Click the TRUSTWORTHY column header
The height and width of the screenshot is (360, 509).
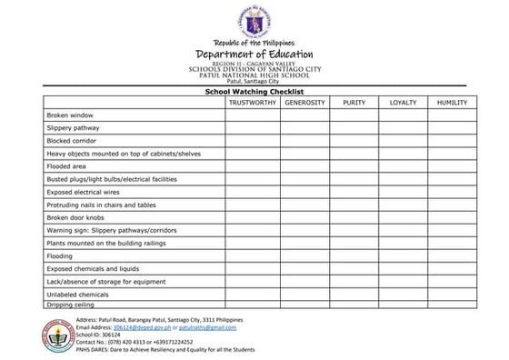pos(252,103)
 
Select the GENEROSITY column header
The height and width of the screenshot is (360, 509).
pos(304,103)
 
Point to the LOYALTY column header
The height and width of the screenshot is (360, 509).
pos(403,103)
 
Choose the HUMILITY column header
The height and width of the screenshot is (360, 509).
pos(452,103)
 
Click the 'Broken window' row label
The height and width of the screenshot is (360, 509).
pos(70,115)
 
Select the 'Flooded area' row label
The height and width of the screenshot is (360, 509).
pos(66,166)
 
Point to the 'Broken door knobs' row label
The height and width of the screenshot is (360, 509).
pos(75,218)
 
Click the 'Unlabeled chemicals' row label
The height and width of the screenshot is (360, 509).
pos(77,295)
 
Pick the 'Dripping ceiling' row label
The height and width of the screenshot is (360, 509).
pos(71,305)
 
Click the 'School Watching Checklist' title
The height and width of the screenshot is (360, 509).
pos(254,92)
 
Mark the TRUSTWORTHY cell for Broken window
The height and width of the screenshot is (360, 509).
pos(252,115)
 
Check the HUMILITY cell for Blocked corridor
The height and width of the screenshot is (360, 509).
pos(452,141)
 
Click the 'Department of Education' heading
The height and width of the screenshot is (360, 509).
pos(254,55)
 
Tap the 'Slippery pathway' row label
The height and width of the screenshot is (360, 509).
pos(72,128)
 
